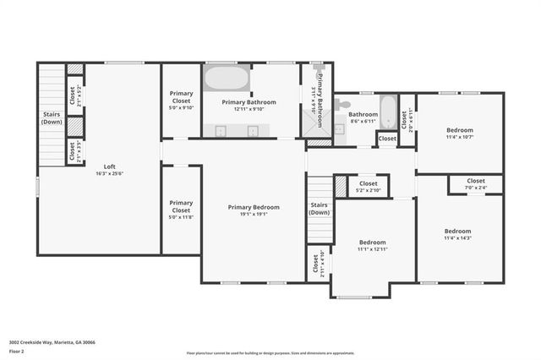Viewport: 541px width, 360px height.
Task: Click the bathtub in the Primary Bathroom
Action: [x=226, y=79]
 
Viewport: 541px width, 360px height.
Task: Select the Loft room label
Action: [x=110, y=166]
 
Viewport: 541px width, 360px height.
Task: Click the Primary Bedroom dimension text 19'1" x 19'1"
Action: [x=253, y=215]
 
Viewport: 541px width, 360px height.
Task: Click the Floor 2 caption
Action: [x=17, y=351]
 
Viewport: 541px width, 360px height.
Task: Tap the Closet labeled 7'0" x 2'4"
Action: [x=476, y=183]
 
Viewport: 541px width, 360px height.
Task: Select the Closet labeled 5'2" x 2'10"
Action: [x=369, y=186]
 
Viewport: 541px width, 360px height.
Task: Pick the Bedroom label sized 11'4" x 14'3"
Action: [x=457, y=234]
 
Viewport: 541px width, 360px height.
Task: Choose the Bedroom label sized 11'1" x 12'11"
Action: [x=371, y=245]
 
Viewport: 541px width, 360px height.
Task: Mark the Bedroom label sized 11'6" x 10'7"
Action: [x=459, y=133]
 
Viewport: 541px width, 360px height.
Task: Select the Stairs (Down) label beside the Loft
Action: [x=52, y=118]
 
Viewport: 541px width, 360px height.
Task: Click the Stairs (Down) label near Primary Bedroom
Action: [x=319, y=208]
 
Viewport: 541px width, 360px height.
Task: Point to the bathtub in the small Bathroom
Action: [x=388, y=109]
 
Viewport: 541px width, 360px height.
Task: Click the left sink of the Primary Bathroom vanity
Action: [x=220, y=130]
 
